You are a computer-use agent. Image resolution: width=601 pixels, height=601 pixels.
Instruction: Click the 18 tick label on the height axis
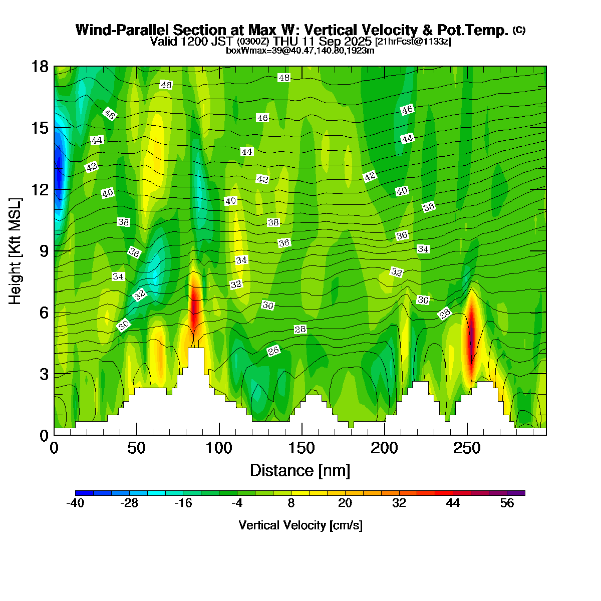point(40,67)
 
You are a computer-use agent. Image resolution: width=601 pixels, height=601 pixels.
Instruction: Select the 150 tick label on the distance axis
point(302,448)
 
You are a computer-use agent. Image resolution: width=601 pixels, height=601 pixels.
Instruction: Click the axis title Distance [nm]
point(299,471)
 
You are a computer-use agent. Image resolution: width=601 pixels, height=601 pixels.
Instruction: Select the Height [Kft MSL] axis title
point(16,251)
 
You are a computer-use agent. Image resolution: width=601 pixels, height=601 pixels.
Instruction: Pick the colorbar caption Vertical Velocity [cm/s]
point(300,525)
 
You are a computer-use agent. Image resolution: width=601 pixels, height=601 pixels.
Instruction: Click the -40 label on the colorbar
point(75,504)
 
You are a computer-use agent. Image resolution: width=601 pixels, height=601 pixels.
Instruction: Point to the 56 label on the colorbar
point(507,504)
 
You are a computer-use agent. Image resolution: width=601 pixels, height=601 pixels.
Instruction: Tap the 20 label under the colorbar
point(345,504)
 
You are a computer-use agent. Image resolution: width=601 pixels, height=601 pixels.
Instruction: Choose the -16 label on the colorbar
point(183,504)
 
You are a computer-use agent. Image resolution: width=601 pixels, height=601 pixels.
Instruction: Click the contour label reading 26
point(273,351)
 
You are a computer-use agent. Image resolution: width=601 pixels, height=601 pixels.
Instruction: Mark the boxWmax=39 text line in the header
point(300,51)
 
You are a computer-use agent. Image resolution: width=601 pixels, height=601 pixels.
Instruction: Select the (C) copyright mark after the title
point(519,30)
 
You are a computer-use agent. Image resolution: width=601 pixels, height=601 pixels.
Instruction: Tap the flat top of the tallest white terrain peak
point(196,349)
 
